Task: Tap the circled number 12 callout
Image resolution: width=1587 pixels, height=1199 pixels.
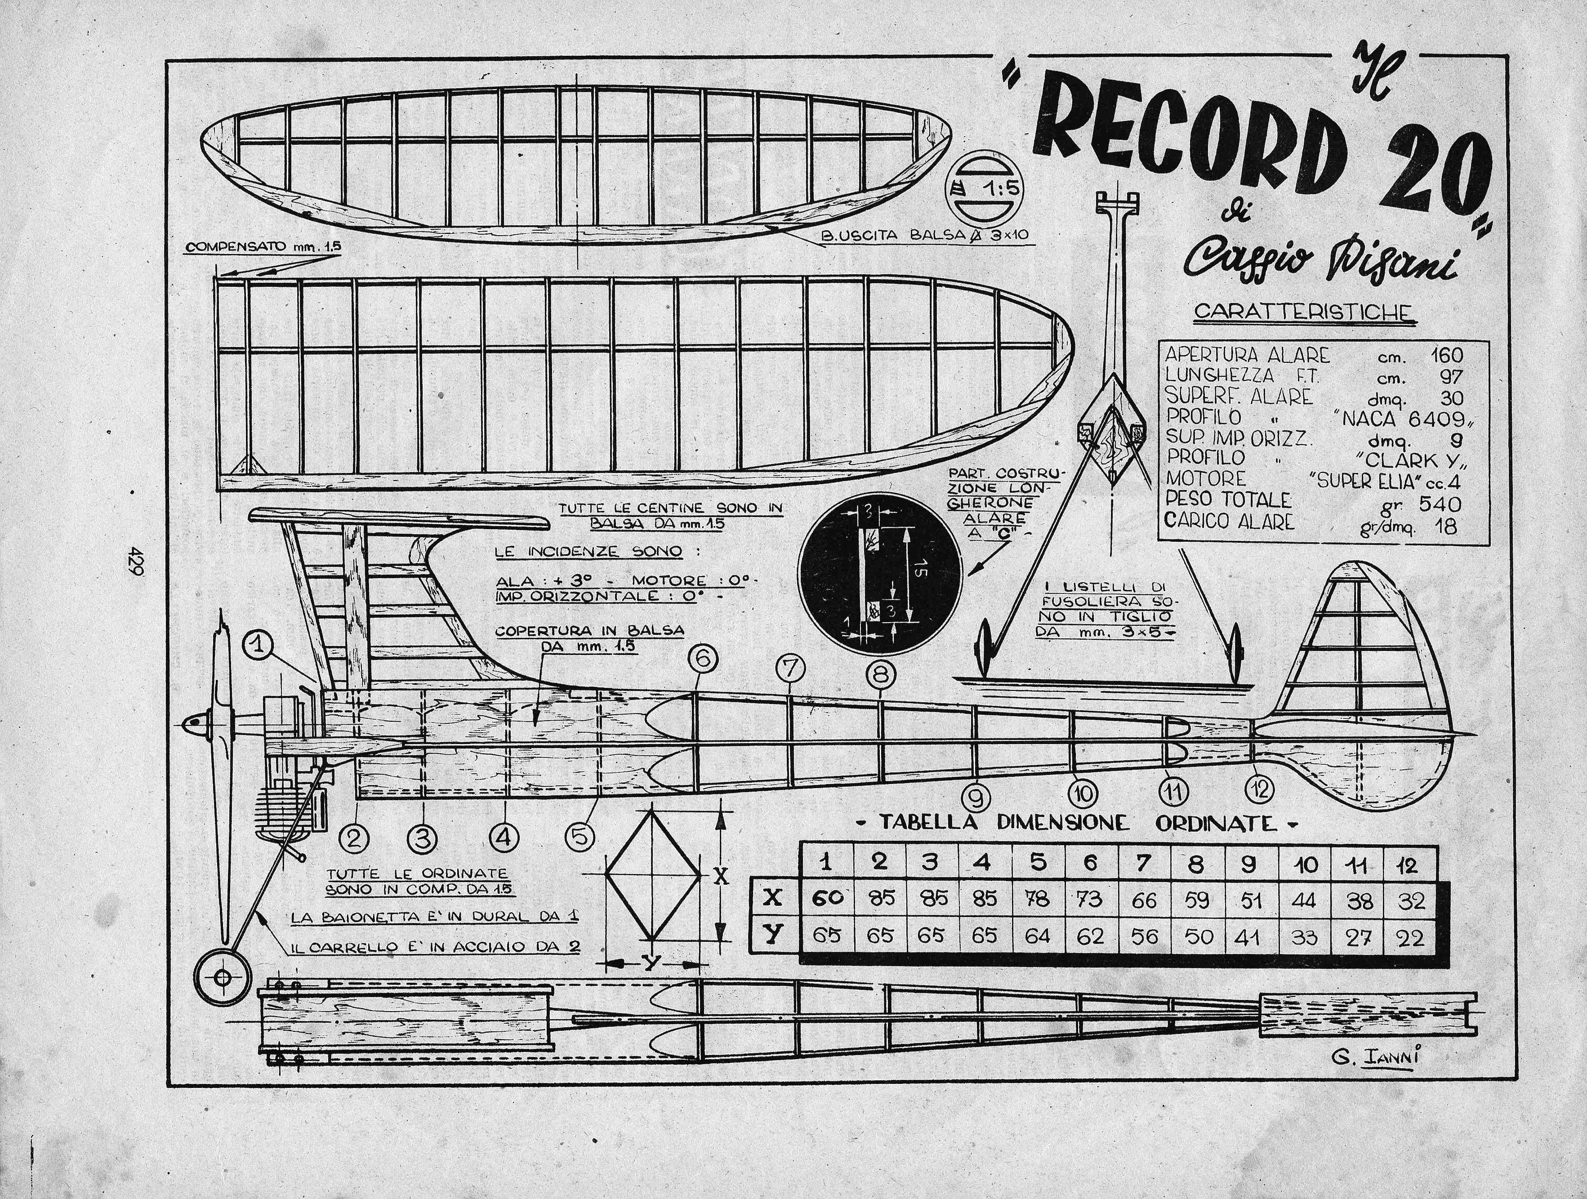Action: point(1261,789)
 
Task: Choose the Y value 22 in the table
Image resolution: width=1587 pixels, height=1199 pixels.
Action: point(1411,937)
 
